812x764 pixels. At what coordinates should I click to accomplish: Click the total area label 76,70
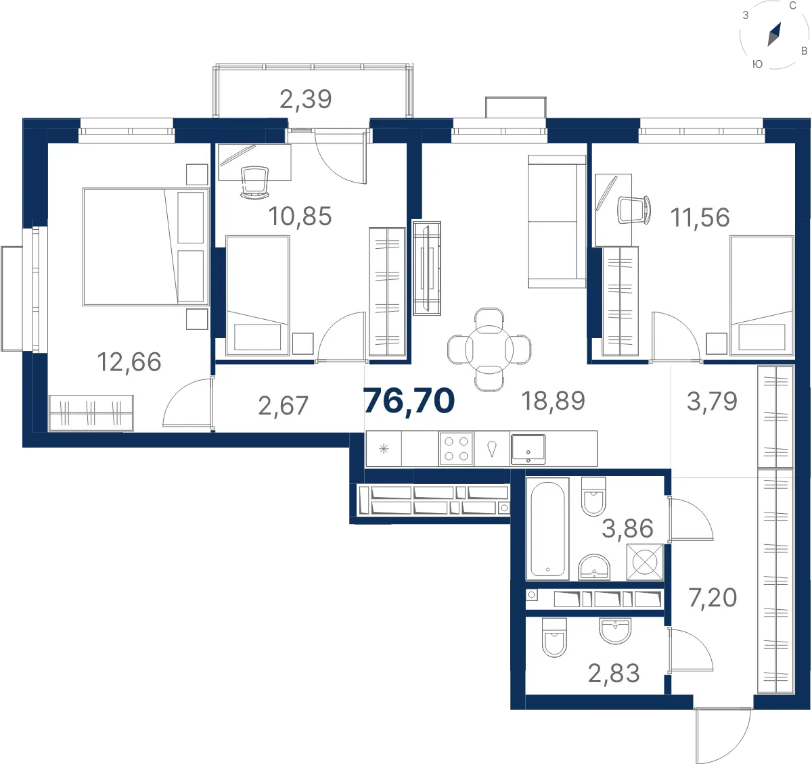tap(409, 401)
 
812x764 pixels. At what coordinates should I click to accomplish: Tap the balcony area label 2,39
tap(305, 99)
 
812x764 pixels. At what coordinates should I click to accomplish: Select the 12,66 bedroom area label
tap(129, 362)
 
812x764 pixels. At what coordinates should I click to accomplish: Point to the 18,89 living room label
tap(554, 400)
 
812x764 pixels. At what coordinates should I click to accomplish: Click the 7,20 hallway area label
tap(713, 598)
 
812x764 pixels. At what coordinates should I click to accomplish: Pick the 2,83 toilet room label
tap(614, 673)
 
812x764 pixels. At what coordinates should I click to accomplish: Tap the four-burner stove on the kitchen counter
tap(456, 449)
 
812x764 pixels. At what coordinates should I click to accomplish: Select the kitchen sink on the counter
tap(528, 449)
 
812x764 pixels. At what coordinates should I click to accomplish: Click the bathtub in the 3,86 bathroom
tap(547, 529)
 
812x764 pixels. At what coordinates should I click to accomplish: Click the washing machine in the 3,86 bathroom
tap(645, 562)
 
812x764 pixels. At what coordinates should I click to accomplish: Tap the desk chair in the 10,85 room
tap(254, 183)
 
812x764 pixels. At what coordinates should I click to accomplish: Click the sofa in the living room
tap(556, 222)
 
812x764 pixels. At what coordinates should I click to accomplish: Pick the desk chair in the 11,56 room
tap(634, 210)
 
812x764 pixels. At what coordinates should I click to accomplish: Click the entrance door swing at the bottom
tap(723, 736)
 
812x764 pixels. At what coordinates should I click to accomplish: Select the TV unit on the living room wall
tap(427, 268)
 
